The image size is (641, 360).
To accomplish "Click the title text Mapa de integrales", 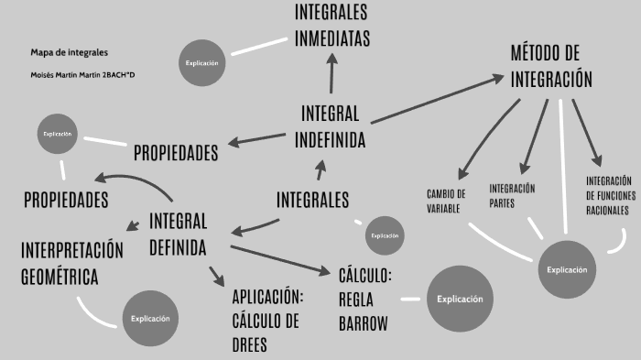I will click(62, 52).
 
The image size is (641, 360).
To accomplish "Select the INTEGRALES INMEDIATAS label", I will click(331, 26).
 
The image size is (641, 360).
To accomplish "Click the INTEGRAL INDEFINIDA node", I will click(331, 126).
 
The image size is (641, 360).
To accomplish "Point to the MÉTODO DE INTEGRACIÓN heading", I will click(551, 66).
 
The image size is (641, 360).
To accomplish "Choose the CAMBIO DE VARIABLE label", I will click(447, 201).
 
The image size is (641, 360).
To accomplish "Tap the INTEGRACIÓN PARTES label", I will click(512, 195).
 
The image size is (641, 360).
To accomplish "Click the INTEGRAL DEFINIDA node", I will click(178, 234).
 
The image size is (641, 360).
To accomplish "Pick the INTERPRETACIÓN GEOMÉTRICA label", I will click(71, 262).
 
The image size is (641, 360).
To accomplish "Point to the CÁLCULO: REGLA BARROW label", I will click(365, 299).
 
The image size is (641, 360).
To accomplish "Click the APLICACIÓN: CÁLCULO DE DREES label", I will click(266, 321).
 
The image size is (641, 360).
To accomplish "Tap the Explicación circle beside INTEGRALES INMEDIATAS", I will click(201, 62).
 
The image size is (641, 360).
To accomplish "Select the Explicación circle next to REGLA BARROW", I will click(459, 299).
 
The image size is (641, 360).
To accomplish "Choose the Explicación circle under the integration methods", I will click(567, 269).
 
